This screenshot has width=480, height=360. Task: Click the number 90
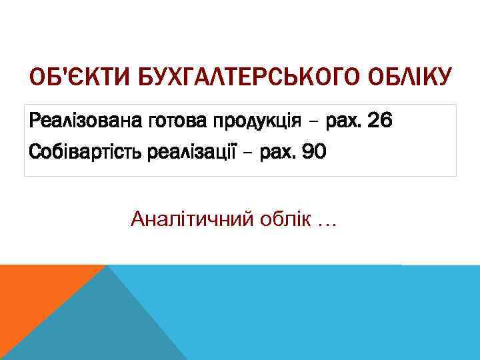(314, 153)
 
